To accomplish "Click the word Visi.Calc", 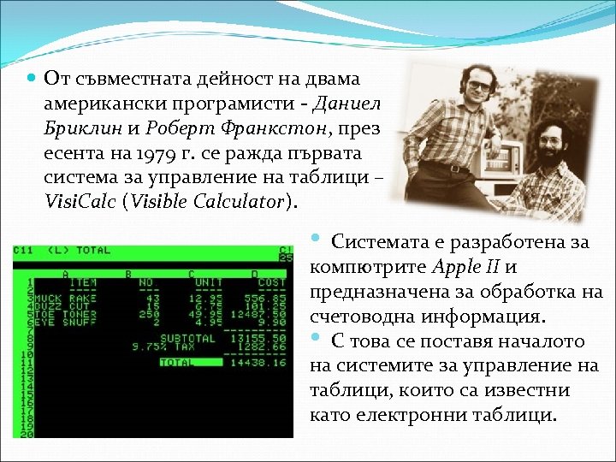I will click(82, 203).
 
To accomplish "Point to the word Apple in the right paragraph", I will click(459, 266).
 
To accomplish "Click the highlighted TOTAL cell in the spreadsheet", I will click(181, 361).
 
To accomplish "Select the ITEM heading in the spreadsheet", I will click(82, 282).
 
